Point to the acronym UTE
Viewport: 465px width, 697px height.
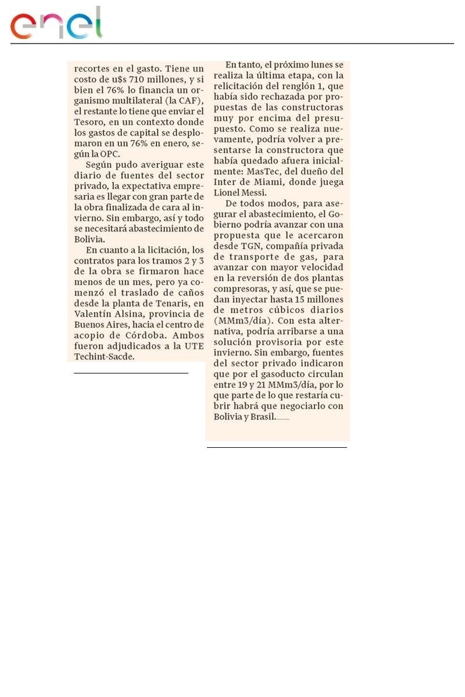point(193,345)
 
